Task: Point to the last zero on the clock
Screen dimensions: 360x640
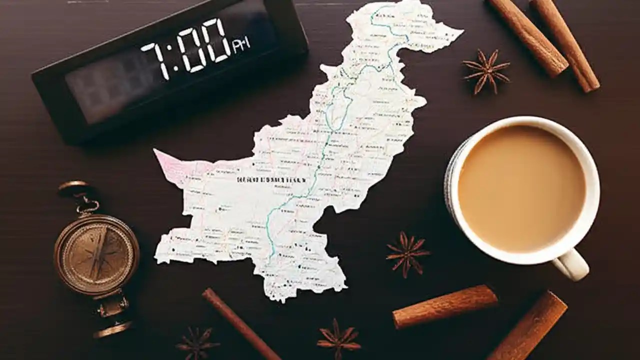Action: (x=218, y=41)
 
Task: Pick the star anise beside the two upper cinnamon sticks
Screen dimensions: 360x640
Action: (x=485, y=70)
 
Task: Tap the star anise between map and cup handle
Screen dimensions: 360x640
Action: (x=407, y=253)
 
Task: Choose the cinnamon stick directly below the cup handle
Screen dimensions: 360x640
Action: (x=530, y=327)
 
